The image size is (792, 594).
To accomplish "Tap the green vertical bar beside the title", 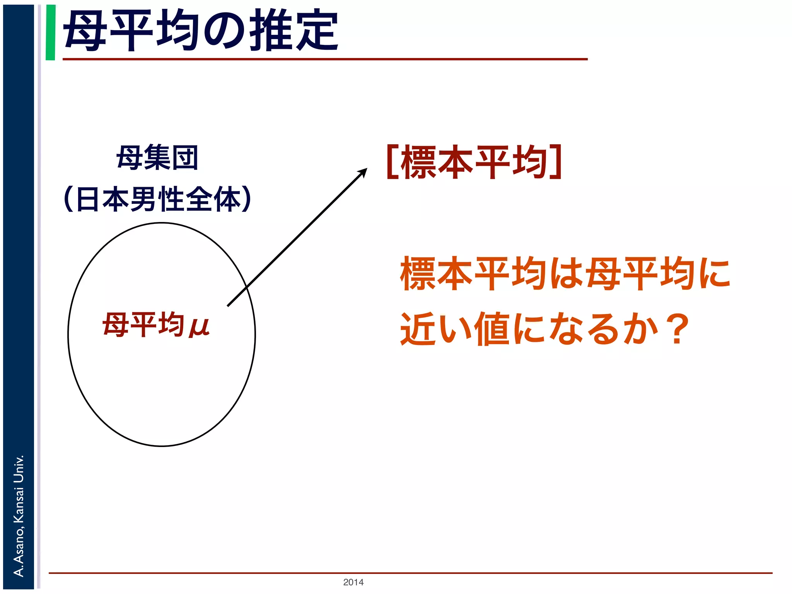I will point(50,32).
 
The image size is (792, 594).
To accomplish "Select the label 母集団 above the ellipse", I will point(157,158).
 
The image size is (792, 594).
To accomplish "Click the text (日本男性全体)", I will point(157,199).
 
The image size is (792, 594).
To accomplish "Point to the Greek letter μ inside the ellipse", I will point(199,327).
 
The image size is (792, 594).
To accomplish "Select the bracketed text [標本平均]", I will point(474,162).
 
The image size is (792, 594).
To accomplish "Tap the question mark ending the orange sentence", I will point(679,329).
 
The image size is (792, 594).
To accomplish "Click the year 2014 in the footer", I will point(353,582).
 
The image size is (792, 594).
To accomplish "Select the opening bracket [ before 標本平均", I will point(392,162).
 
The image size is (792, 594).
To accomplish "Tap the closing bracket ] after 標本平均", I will point(556,162).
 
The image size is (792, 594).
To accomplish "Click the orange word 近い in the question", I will point(435,329).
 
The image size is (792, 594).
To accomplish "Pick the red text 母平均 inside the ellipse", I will point(143,325).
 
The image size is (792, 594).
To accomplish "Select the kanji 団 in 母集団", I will point(185,158).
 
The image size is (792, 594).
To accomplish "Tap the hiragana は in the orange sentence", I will point(567,274).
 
